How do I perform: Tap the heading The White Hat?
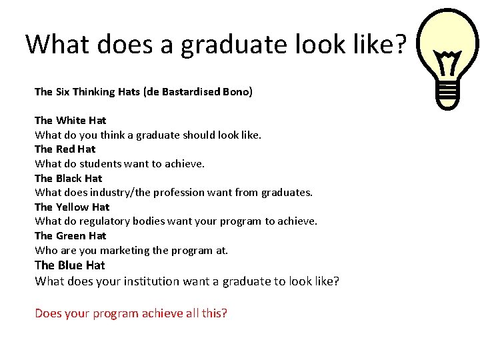click(70, 121)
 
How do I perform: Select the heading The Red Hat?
click(65, 149)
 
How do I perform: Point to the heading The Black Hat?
click(68, 178)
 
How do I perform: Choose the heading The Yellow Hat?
click(71, 207)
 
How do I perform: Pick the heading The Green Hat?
click(70, 236)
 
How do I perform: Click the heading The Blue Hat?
click(69, 265)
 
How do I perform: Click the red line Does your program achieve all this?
click(131, 313)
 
